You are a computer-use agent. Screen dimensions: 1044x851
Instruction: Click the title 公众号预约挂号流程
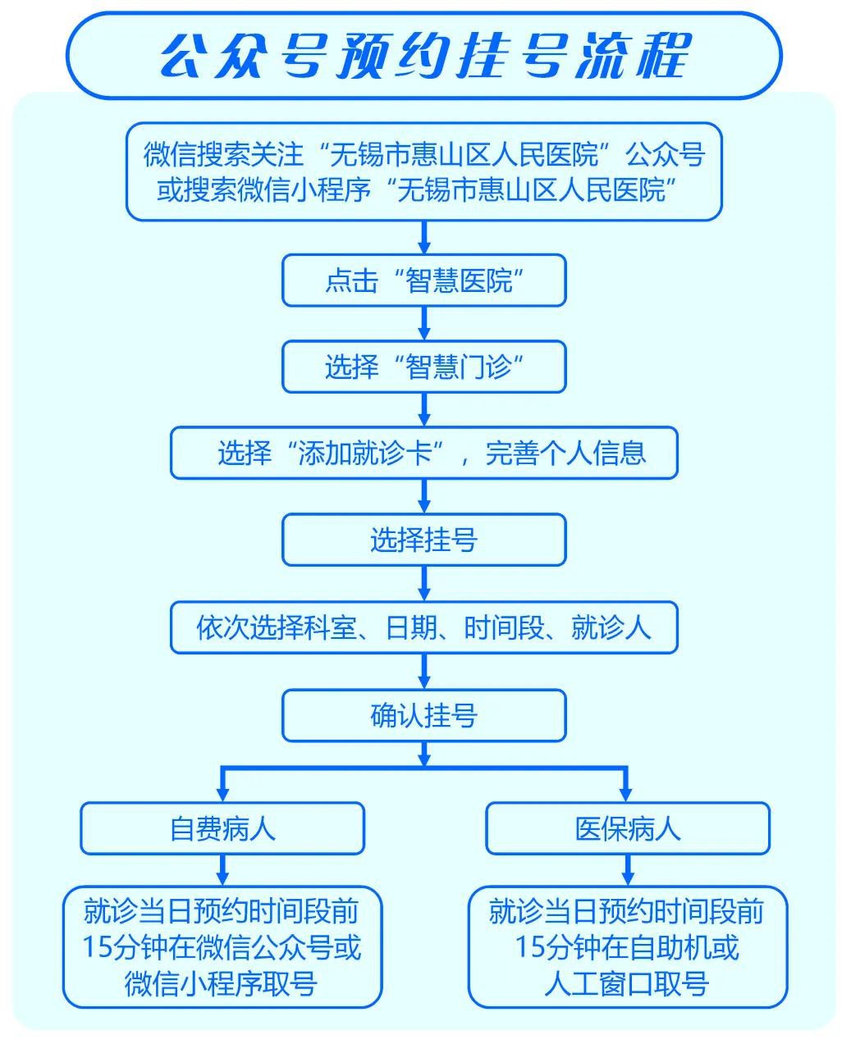point(423,56)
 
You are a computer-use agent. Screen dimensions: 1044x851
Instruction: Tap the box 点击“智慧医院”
point(423,281)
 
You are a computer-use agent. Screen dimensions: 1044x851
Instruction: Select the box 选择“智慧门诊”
point(423,367)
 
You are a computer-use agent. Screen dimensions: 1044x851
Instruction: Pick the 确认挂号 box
point(423,716)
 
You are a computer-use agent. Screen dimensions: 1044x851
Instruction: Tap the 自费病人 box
point(222,828)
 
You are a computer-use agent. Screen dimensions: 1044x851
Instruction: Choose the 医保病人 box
point(628,828)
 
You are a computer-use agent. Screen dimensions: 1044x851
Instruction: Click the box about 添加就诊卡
point(423,453)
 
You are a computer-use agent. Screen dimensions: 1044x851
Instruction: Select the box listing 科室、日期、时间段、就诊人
point(423,628)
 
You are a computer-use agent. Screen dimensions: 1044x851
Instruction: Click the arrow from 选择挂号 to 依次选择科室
point(424,584)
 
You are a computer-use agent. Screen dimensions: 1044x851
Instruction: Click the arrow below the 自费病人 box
point(222,870)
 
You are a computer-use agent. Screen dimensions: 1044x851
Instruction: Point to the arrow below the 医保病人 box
point(628,870)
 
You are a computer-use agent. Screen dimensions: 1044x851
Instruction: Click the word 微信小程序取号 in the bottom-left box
point(222,983)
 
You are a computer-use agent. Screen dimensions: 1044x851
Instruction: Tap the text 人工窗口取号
point(627,983)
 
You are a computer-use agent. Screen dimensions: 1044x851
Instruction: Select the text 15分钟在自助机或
point(627,947)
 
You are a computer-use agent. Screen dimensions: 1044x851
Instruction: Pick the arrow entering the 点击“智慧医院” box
point(424,238)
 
